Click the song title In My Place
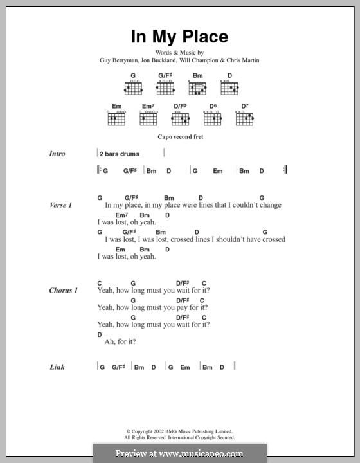[179, 37]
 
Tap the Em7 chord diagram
[148, 118]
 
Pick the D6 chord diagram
[213, 118]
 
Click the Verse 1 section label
[61, 205]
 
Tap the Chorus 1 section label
[64, 291]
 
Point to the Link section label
[57, 367]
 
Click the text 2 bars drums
[120, 154]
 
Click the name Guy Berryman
[118, 60]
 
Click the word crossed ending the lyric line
[273, 239]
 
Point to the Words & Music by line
[179, 52]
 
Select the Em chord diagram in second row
[116, 118]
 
